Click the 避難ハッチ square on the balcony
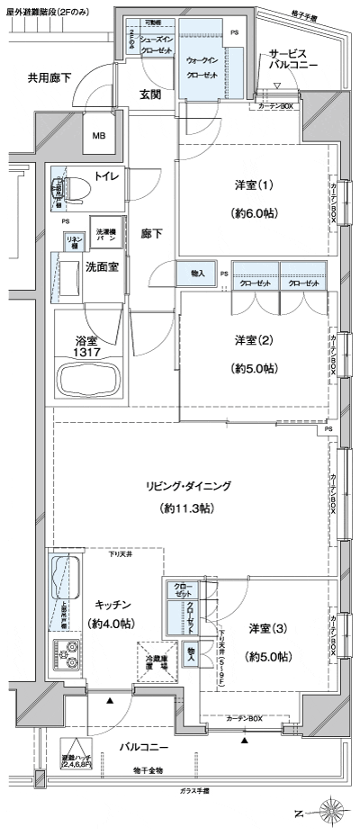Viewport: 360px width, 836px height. [76, 751]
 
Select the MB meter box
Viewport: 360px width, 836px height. [98, 138]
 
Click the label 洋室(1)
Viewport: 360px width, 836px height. [254, 186]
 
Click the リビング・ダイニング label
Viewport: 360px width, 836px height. [189, 486]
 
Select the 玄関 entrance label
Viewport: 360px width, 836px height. [149, 94]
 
